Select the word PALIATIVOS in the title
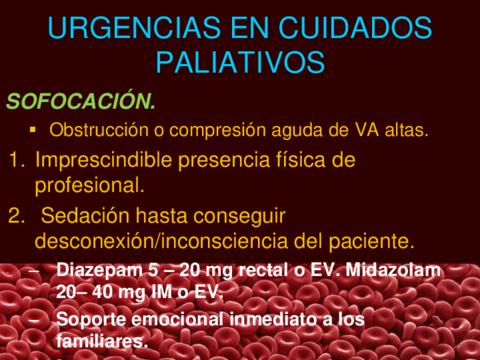coord(241,62)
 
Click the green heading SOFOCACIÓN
coord(82,101)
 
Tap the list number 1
coord(15,159)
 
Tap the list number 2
coord(15,215)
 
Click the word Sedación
coord(89,215)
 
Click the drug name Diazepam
coord(98,270)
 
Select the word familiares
coord(102,341)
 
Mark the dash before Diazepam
coord(37,270)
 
